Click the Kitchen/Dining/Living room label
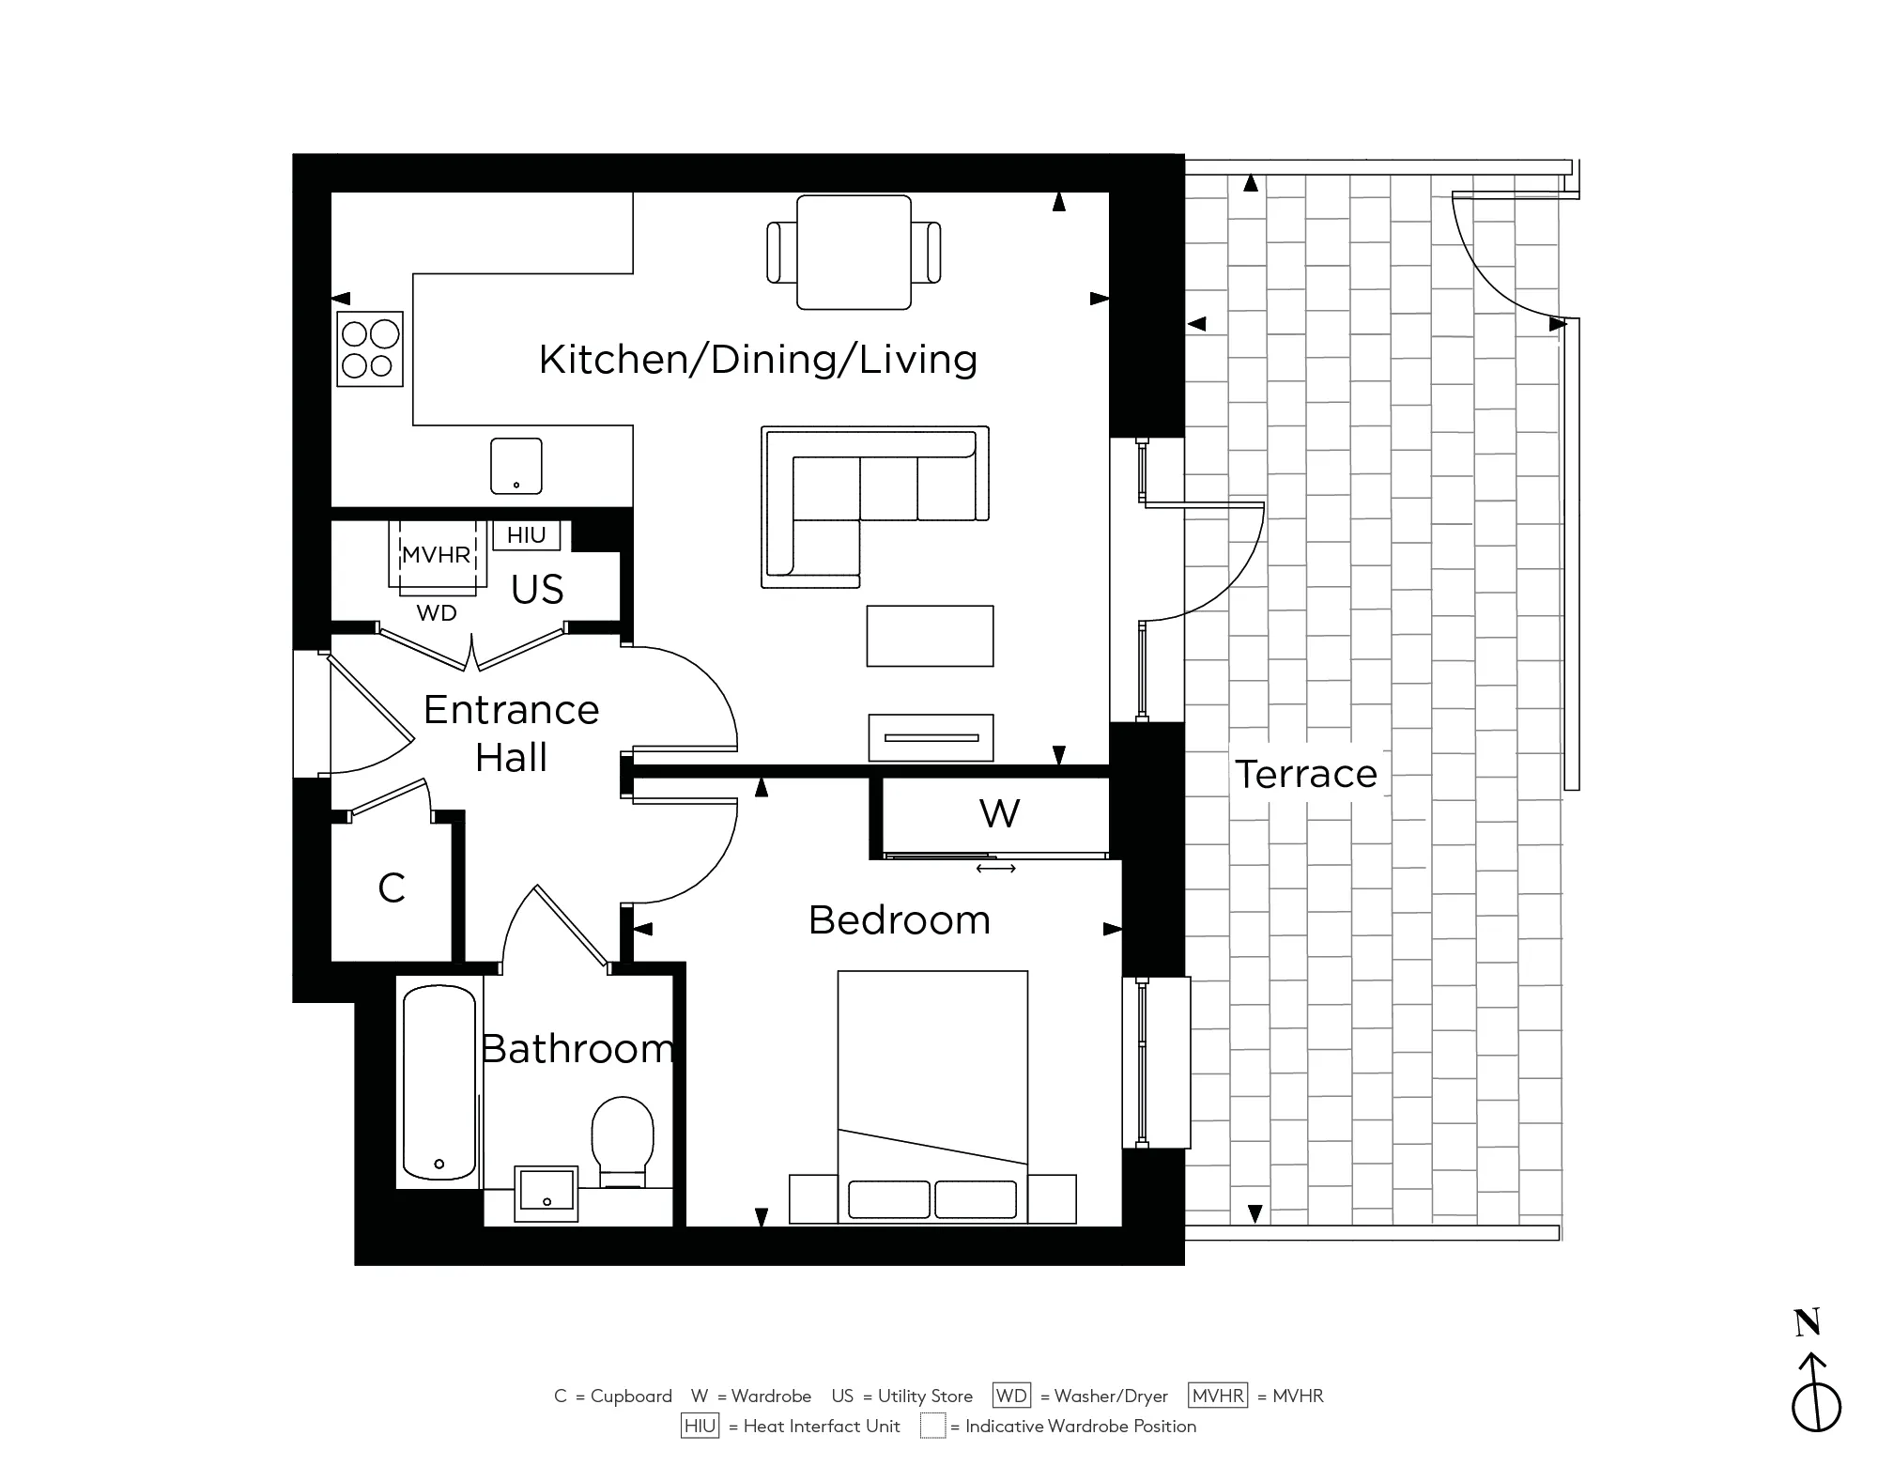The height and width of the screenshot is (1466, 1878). (x=758, y=360)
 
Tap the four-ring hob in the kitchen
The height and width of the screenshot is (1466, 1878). (x=370, y=349)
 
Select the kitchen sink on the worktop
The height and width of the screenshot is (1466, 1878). (x=516, y=466)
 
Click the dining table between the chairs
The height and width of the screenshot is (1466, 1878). (x=854, y=252)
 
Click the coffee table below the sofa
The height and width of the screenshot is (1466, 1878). (x=930, y=636)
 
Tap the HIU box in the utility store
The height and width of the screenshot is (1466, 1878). (x=526, y=535)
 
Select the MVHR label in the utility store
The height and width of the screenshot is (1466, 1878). (x=437, y=555)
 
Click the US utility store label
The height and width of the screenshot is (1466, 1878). (x=537, y=590)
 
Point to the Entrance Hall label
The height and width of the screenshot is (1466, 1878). (x=511, y=733)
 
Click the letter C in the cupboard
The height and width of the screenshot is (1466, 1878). (x=392, y=887)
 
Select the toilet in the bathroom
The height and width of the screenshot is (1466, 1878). (x=622, y=1141)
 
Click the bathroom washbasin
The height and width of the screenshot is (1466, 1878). (x=546, y=1194)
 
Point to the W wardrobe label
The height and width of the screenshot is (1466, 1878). (x=999, y=813)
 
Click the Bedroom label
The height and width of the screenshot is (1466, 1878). (x=900, y=920)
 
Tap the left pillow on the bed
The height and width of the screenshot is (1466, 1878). (x=888, y=1199)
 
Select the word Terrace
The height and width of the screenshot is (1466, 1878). (x=1305, y=775)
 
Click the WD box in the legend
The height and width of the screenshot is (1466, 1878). (x=1011, y=1396)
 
